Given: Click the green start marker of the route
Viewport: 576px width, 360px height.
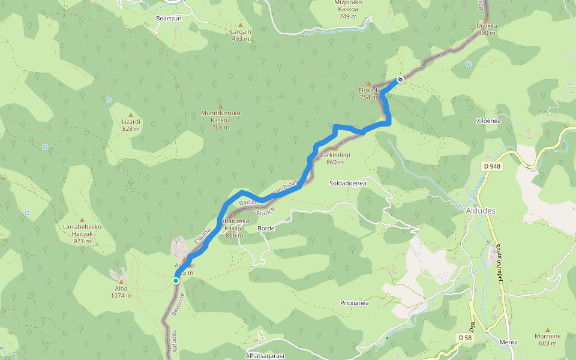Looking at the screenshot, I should coord(176,281).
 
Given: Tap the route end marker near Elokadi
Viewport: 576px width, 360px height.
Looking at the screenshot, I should coord(400,79).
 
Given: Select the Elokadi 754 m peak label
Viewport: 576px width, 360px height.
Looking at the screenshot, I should coord(368,94).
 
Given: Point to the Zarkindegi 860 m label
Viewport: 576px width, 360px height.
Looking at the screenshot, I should coord(335,158).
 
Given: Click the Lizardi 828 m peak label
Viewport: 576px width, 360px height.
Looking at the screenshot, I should coord(131,124).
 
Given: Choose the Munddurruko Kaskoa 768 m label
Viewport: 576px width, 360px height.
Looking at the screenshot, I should coord(220,120).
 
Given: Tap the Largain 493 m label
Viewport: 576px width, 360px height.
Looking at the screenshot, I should coord(241,35).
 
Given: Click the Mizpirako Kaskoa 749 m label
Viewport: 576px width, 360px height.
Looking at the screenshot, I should coord(348,9).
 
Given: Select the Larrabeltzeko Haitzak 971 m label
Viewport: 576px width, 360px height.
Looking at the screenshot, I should coord(82,233).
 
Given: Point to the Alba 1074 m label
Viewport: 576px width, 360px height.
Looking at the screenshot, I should coord(121,292).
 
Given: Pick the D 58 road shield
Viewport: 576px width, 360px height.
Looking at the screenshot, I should coord(464,338).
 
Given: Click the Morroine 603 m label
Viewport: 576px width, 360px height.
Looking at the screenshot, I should coord(547,340).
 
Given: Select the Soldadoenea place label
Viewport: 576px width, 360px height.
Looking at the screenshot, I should coord(348,183).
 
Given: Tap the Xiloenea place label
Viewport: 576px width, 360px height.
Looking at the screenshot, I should coord(488,121).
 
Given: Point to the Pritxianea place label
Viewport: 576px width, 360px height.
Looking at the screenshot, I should coord(354,303).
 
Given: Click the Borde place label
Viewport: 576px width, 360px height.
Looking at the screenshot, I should coord(266,229).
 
